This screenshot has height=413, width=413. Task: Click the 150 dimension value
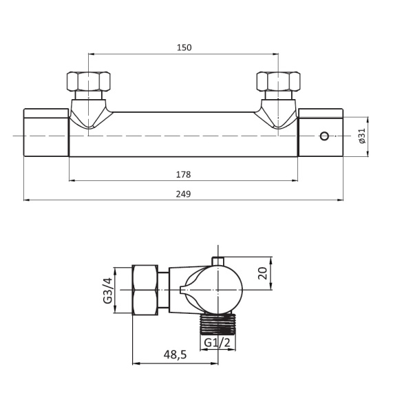coord(184,47)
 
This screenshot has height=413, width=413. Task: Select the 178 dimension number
coord(183,175)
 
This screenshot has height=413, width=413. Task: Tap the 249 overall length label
coord(183,194)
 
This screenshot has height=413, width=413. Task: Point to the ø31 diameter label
coord(363,136)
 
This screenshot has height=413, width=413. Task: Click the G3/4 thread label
coord(108,290)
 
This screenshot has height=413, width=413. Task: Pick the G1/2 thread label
coord(218,342)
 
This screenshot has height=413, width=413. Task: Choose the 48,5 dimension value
coord(175,354)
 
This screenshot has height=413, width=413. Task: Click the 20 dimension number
coord(263,273)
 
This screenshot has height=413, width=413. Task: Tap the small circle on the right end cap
coord(324,136)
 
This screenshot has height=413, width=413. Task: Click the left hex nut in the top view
coord(89,82)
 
